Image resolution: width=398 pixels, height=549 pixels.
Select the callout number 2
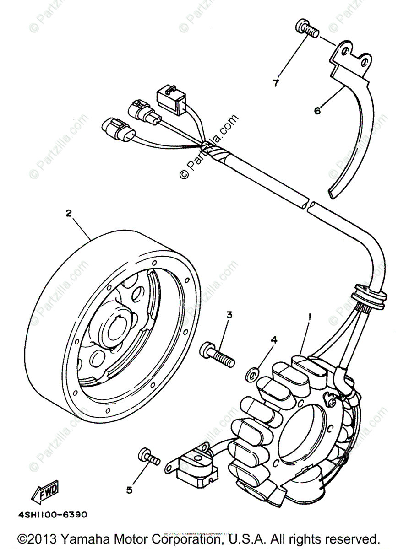[69, 213]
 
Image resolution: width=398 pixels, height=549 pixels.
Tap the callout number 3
[229, 315]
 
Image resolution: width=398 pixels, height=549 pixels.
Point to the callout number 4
[274, 339]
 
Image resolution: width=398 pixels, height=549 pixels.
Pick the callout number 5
[129, 490]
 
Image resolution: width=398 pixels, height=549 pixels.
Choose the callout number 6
[317, 110]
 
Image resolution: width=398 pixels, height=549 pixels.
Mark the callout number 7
[276, 83]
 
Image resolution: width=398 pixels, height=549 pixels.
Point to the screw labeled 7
[306, 28]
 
